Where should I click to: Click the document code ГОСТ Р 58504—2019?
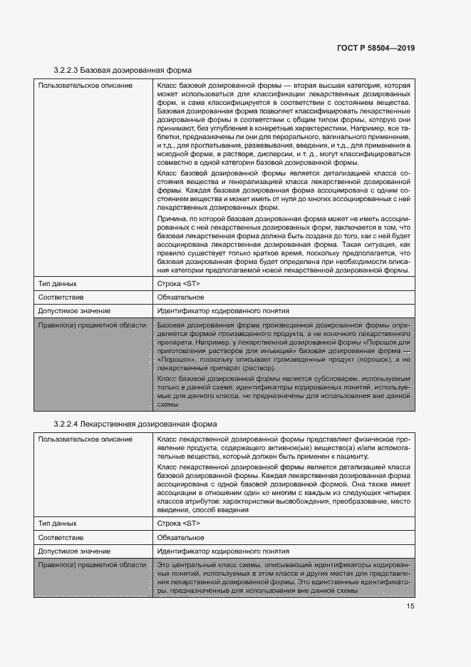(x=375, y=48)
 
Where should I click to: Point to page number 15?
(x=410, y=606)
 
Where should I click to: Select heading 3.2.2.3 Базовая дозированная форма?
(x=123, y=71)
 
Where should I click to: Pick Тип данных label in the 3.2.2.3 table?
(x=57, y=283)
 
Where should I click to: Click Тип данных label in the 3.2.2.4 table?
(x=57, y=523)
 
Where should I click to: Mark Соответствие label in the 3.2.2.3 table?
(x=61, y=297)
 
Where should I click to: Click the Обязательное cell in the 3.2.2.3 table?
(x=180, y=297)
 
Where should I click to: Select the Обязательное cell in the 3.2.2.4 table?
(x=180, y=537)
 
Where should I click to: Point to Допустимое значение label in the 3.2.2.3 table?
(x=74, y=311)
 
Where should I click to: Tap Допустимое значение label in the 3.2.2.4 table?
(x=74, y=551)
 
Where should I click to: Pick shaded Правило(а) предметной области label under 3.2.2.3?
(x=92, y=325)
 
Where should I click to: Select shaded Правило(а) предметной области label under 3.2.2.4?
(x=92, y=565)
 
